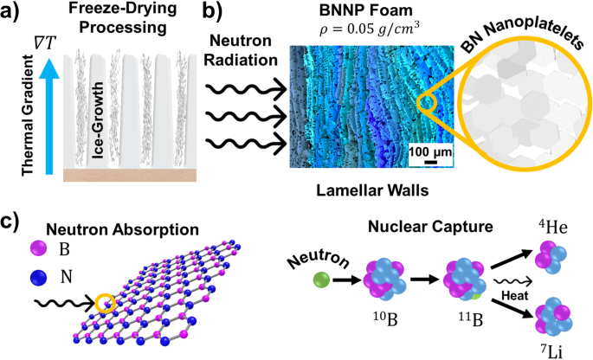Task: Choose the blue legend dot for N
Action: pos(36,280)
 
